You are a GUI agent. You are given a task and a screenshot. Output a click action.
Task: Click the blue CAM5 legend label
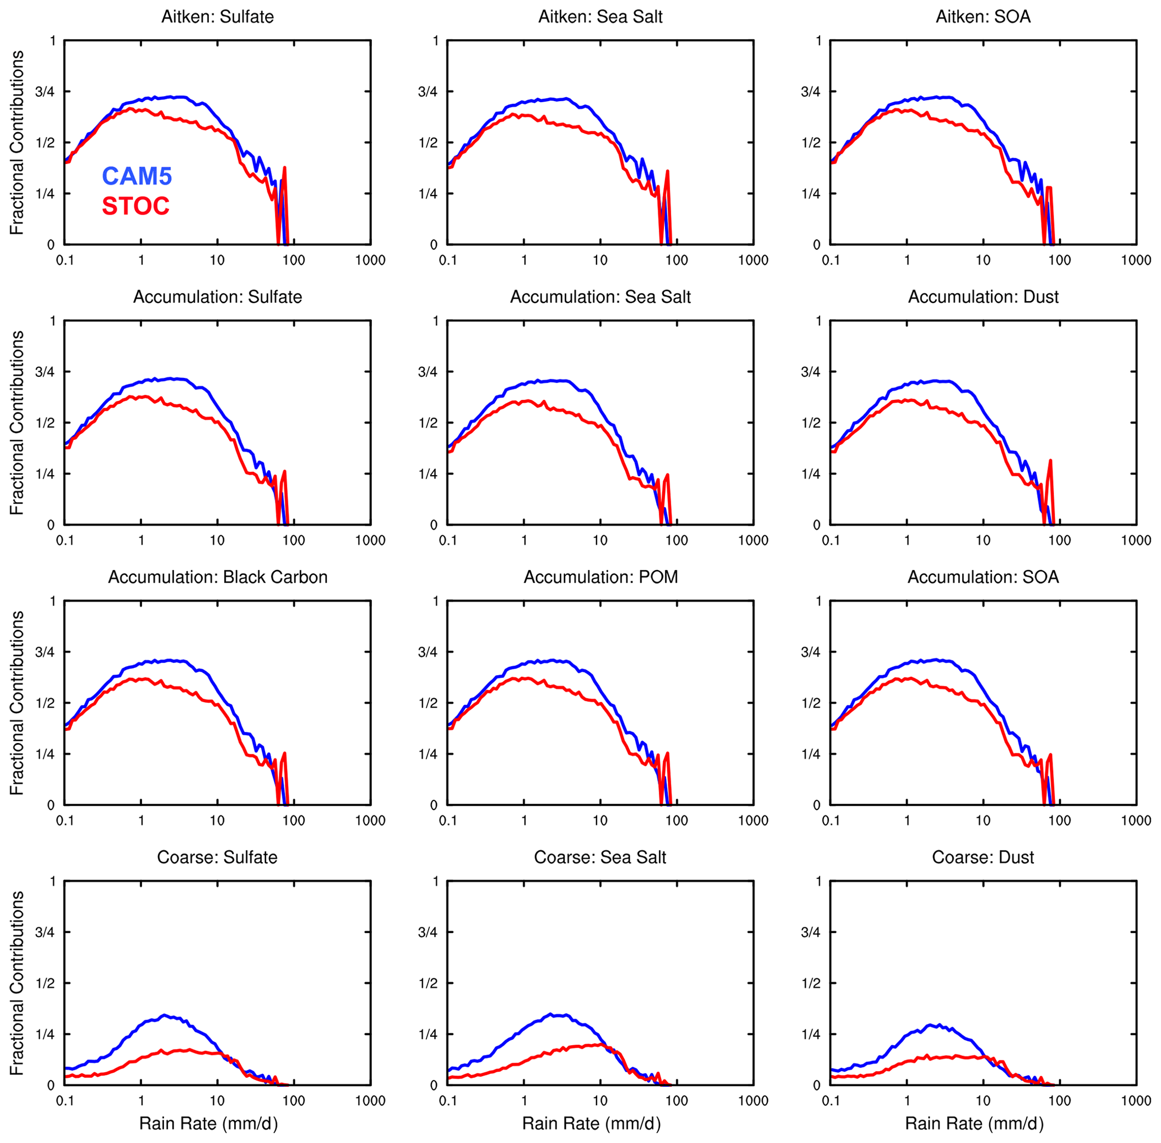[x=137, y=176]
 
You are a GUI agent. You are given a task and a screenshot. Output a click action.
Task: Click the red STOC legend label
[x=136, y=207]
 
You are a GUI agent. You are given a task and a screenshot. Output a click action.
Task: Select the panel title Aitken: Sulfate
[x=217, y=16]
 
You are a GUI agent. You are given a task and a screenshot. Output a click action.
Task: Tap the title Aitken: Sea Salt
[x=600, y=16]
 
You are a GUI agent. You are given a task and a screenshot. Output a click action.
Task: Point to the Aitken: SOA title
[x=984, y=16]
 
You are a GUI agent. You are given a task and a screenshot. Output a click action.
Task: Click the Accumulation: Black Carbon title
[x=217, y=577]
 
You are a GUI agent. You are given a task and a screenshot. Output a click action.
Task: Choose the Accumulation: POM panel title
[x=600, y=577]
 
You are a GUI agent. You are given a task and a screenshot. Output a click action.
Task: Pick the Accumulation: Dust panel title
[x=984, y=297]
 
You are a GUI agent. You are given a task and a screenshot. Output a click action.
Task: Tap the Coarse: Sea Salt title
[x=600, y=857]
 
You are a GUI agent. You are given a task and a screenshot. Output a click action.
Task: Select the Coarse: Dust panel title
[x=984, y=857]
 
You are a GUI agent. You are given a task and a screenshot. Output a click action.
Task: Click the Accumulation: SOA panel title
[x=984, y=577]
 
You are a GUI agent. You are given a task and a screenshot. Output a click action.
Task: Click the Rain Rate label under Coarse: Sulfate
[x=208, y=1124]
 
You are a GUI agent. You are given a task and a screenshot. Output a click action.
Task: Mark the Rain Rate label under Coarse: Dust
[x=975, y=1124]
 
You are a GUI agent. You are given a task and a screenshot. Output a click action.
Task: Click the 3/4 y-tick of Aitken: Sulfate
[x=45, y=92]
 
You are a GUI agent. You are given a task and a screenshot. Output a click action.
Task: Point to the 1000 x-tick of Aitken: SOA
[x=1136, y=260]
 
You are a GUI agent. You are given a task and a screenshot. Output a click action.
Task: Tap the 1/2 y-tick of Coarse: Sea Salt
[x=427, y=983]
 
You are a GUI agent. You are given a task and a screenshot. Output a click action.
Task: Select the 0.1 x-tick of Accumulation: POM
[x=448, y=821]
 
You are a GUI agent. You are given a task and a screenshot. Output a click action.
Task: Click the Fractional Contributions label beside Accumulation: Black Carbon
[x=17, y=703]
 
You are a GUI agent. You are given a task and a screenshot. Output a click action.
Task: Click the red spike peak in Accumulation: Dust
[x=1050, y=461]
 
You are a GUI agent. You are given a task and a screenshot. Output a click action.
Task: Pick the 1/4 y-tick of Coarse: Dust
[x=811, y=1035]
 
